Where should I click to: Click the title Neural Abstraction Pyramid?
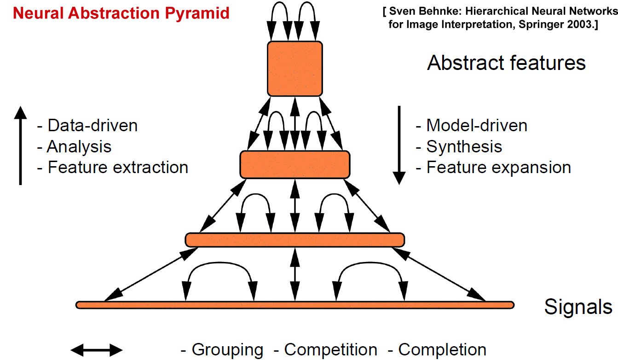[x=121, y=13]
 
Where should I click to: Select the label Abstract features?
[x=506, y=63]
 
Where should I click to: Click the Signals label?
[x=578, y=307]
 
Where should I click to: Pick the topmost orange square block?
[x=295, y=69]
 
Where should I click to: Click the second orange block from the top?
[x=295, y=165]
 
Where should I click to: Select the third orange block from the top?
[x=295, y=240]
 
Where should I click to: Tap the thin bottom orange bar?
[x=295, y=305]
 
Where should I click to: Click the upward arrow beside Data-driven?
[x=20, y=145]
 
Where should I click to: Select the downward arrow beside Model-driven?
[x=399, y=145]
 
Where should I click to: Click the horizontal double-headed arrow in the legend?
[x=97, y=349]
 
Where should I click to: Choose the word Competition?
[x=330, y=350]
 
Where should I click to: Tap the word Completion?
[x=442, y=350]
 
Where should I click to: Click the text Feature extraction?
[x=118, y=167]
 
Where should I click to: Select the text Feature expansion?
[x=498, y=167]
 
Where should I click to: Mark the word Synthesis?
[x=464, y=146]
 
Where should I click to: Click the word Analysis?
[x=80, y=146]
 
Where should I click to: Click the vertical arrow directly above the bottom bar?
[x=295, y=274]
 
